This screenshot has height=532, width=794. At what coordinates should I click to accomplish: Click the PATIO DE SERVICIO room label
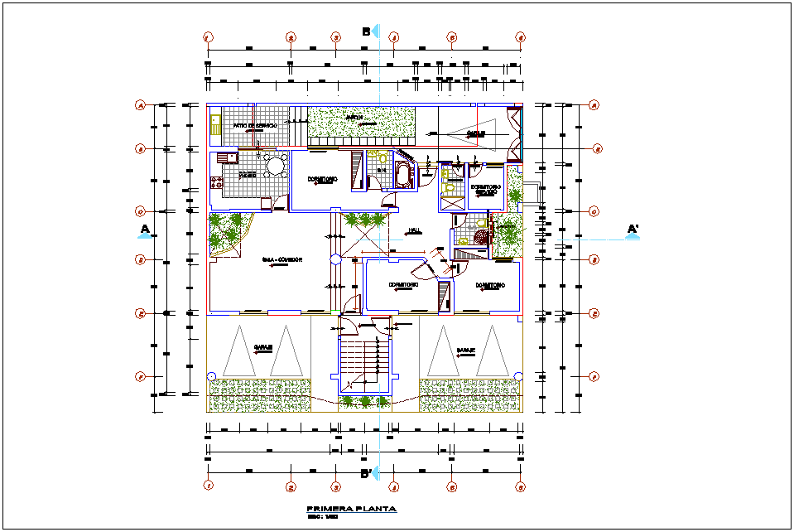coord(254,125)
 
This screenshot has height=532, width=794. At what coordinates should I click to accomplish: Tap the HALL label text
coord(415,230)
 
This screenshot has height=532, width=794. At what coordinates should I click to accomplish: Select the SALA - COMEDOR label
coord(282,259)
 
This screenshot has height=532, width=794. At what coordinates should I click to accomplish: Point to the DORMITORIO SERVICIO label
coord(486,190)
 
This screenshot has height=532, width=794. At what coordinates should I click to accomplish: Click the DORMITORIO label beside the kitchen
coord(322,179)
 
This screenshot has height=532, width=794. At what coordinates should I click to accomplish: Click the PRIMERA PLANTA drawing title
coord(351,509)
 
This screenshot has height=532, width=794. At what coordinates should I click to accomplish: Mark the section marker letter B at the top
coord(365,31)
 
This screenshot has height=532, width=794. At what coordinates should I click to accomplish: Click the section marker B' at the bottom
coord(365,475)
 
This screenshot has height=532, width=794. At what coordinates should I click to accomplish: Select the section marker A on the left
coord(144,229)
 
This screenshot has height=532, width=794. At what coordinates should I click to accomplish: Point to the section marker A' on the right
coord(633,229)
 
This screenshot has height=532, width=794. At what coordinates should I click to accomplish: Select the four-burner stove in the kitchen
coord(219,181)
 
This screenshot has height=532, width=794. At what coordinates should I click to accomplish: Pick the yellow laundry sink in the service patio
coord(215,124)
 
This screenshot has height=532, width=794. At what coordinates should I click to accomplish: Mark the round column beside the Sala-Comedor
coord(335,259)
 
